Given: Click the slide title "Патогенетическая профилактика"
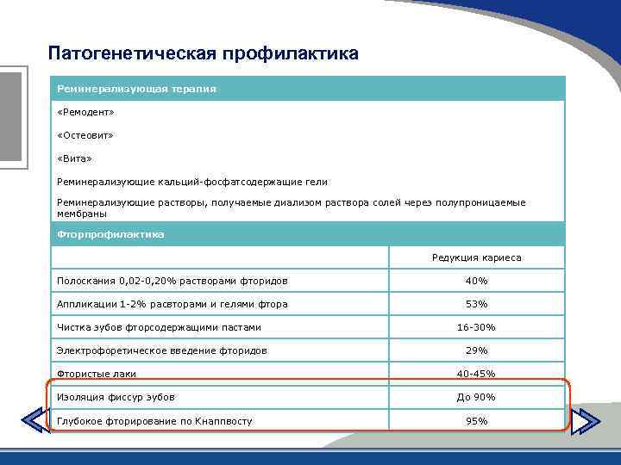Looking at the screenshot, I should [204, 54].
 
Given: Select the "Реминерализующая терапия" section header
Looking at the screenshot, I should [136, 89].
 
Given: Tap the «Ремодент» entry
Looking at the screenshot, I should [85, 112].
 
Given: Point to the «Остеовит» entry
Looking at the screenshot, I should [85, 135].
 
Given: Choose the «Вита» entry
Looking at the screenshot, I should [74, 158].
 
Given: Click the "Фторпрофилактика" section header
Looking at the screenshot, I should [110, 234].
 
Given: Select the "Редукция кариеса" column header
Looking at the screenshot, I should [476, 257].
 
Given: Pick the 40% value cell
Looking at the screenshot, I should [476, 281].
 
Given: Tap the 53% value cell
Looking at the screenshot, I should [476, 304].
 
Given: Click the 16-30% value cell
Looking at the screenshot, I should [476, 327].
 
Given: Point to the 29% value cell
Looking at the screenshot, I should [476, 350].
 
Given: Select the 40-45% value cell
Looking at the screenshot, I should [476, 374].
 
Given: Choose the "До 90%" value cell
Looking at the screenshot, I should [476, 397].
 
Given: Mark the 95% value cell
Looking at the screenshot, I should [476, 420].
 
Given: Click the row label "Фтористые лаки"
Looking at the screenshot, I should [97, 374].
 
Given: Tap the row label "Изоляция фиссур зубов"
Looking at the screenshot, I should [116, 397].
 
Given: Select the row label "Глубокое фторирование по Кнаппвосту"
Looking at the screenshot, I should [154, 420].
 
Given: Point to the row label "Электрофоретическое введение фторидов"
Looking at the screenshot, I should [161, 350].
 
